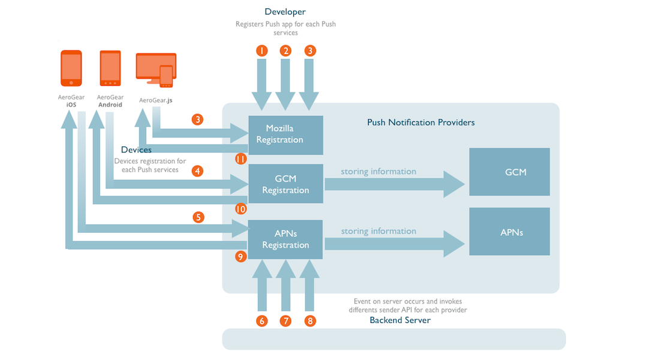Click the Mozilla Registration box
coord(285,134)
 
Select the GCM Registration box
coord(285,184)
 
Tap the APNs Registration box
coord(285,239)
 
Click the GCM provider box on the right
coord(509,172)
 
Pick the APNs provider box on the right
coord(509,232)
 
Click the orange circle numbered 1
coord(261,50)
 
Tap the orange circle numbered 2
coord(286,50)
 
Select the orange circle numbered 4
coord(198,171)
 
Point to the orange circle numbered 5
coord(198,217)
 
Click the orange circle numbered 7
coord(286,321)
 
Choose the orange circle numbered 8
coord(310,321)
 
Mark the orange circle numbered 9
coord(240,257)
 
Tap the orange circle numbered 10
coord(240,209)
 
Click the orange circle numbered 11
coord(240,159)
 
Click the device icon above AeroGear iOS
coord(71,68)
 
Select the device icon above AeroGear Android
coord(110,68)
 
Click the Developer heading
coord(285,12)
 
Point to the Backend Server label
coord(400,320)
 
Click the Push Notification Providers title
coord(420,122)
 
